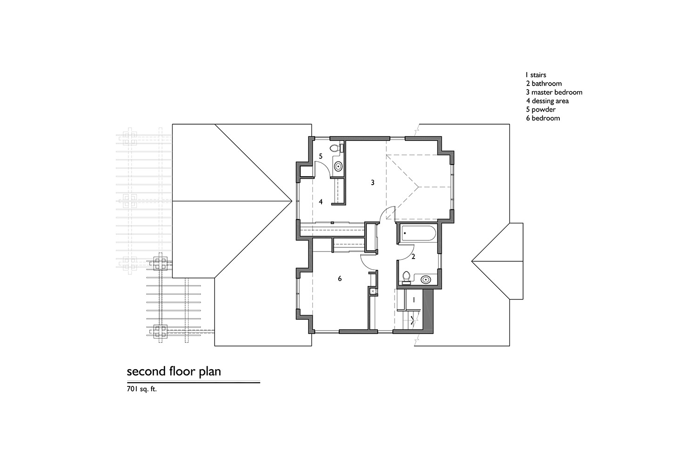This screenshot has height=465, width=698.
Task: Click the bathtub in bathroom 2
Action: pyautogui.click(x=418, y=233)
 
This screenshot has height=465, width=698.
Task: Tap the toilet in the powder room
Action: pyautogui.click(x=336, y=148)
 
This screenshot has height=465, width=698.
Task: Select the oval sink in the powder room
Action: pyautogui.click(x=338, y=166)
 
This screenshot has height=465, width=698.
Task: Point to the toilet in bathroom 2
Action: pyautogui.click(x=406, y=278)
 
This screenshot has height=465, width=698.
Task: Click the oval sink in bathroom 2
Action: pyautogui.click(x=426, y=279)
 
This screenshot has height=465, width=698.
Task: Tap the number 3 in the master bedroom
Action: pyautogui.click(x=372, y=182)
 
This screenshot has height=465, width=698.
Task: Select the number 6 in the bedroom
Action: pyautogui.click(x=340, y=279)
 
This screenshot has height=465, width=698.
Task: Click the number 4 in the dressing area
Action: pyautogui.click(x=321, y=202)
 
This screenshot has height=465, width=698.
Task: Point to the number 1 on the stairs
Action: pyautogui.click(x=414, y=299)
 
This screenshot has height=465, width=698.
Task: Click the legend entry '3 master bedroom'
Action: pyautogui.click(x=554, y=92)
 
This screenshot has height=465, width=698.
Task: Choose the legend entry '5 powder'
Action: pyautogui.click(x=541, y=110)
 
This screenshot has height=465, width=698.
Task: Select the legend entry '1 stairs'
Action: pyautogui.click(x=536, y=75)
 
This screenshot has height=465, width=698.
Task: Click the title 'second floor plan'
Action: pyautogui.click(x=174, y=371)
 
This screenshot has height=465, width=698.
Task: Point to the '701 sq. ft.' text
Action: pyautogui.click(x=141, y=389)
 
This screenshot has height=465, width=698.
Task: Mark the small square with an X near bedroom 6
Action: pyautogui.click(x=373, y=291)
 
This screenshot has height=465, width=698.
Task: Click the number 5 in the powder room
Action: pyautogui.click(x=320, y=156)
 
